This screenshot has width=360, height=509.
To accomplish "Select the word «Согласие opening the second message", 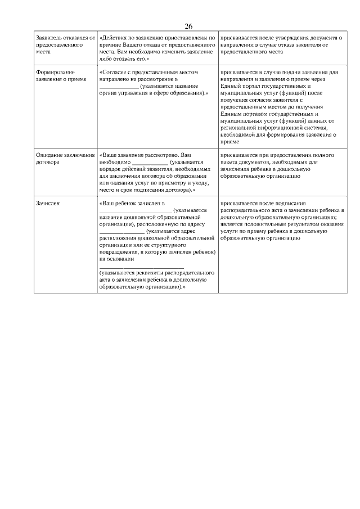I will (x=112, y=73).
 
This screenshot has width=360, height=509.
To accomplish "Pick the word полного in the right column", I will (x=330, y=154).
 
